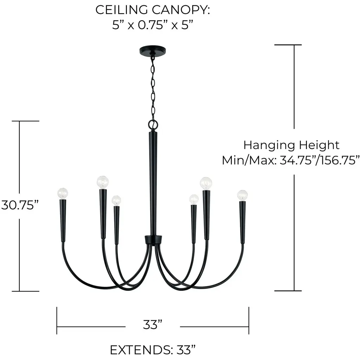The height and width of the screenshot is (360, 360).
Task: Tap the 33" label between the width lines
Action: tap(153, 324)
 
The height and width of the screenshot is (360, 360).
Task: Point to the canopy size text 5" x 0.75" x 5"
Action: tap(152, 25)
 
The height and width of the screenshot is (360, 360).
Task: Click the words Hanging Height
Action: tap(291, 145)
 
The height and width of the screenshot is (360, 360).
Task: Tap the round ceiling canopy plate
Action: tap(153, 50)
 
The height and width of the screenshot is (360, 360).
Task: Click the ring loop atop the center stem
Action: tap(153, 125)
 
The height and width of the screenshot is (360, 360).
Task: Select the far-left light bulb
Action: tap(63, 194)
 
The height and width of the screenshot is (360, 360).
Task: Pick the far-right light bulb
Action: tap(243, 195)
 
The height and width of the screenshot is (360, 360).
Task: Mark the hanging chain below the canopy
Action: tap(153, 87)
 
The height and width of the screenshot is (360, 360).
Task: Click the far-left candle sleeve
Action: tap(63, 220)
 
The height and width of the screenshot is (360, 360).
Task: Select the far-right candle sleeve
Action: tap(243, 222)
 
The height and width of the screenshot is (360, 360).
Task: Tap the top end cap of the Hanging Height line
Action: tap(288, 45)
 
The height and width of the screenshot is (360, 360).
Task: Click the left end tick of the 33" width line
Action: tap(57, 320)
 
